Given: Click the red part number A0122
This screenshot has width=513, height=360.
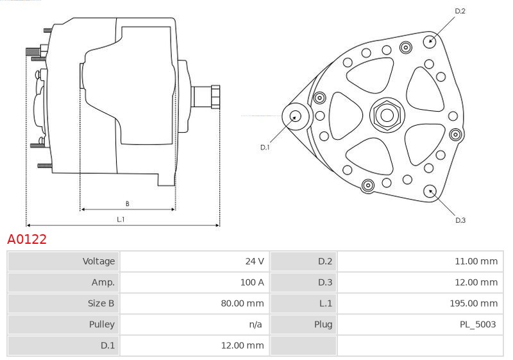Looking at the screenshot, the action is click(x=27, y=239).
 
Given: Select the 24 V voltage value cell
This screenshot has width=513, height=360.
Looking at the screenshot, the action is click(x=255, y=261).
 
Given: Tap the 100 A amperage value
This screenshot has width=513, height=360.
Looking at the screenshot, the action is click(x=252, y=282).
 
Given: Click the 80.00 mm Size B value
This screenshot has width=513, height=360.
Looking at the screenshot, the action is click(x=242, y=303).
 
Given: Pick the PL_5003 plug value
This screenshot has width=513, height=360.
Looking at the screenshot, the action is click(x=478, y=324).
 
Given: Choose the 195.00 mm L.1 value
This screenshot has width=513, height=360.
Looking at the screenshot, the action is click(x=474, y=303).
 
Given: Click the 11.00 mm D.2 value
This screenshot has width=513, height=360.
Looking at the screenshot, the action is click(x=476, y=261).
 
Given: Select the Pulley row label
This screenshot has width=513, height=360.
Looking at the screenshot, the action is click(x=102, y=324).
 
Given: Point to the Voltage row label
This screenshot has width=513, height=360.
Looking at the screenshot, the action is click(x=99, y=261).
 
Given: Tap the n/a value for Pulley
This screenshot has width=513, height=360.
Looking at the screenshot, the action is click(x=255, y=324).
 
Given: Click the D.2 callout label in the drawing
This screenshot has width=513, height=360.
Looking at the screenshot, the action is click(x=460, y=11).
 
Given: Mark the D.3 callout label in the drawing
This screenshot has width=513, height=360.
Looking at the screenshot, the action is click(x=460, y=220).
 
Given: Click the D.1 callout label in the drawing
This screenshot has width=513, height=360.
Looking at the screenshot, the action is click(x=265, y=148).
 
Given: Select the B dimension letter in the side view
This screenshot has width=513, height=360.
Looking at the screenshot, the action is click(x=127, y=203).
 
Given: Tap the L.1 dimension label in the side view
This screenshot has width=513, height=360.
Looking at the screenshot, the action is click(x=121, y=219).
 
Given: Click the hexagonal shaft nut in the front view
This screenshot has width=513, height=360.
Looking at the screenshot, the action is click(x=387, y=115).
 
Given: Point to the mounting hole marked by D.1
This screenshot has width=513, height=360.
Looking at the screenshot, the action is click(x=296, y=116).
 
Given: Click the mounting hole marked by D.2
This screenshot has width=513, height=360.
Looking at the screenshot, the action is click(x=430, y=41).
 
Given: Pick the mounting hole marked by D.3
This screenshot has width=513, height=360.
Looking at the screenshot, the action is click(x=430, y=191).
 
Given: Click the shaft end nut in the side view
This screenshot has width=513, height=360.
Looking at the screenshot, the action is click(x=215, y=96).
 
